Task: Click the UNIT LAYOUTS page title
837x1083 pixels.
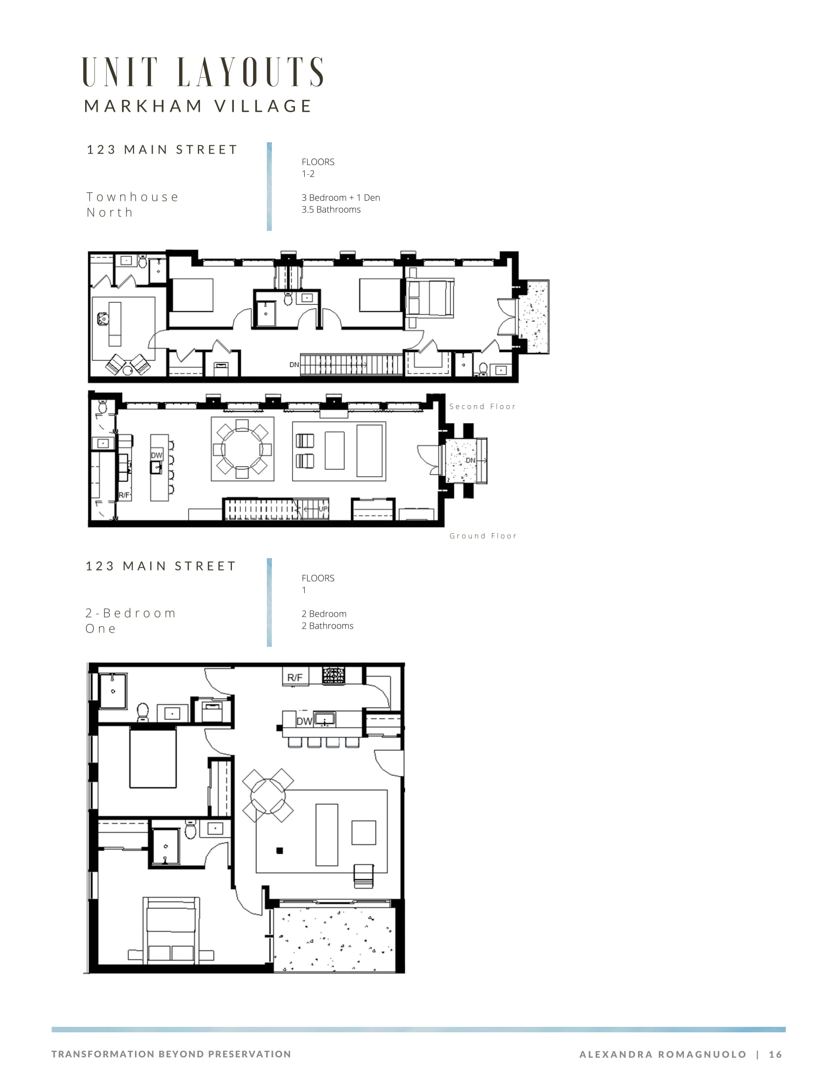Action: [203, 72]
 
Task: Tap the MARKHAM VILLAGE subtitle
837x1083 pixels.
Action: [198, 106]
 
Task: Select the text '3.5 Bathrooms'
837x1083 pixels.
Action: [331, 209]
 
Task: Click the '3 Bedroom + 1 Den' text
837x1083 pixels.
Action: [341, 197]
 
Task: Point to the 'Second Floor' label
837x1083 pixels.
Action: [483, 407]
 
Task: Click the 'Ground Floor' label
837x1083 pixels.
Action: [483, 536]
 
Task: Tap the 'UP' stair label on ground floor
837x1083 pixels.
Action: [323, 509]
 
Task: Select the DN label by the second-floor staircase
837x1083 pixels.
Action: [294, 364]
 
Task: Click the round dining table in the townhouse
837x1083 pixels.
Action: [242, 449]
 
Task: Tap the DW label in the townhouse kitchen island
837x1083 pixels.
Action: [157, 455]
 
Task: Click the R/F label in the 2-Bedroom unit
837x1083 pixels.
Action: [295, 677]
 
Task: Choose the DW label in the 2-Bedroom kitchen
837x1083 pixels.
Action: [304, 722]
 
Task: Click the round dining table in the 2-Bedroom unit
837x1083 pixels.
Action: [268, 796]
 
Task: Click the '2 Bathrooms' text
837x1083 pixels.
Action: [327, 626]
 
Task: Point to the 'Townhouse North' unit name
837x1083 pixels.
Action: [132, 205]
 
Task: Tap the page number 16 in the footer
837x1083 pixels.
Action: [775, 1054]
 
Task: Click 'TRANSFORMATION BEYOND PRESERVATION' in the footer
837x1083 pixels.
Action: [171, 1054]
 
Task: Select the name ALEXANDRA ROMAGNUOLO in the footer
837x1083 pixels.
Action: [663, 1054]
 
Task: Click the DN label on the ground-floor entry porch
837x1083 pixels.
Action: [471, 461]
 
